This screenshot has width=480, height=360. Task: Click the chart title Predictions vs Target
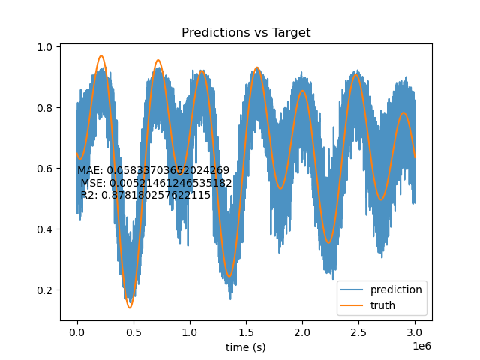coord(246,32)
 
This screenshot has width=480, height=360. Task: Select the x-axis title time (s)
coord(245,347)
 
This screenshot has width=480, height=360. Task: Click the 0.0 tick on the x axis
coord(77,332)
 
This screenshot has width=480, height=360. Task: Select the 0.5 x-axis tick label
coord(133,332)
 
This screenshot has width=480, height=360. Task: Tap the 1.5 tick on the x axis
coord(246,332)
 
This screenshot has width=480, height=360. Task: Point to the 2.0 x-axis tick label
coord(302,332)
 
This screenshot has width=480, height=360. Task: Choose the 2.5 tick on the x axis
coord(358,332)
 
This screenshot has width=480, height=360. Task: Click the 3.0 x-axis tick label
coord(415,332)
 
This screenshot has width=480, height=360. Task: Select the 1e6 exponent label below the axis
coord(421,346)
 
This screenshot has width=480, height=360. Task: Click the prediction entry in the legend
coord(382,289)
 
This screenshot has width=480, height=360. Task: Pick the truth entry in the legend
coord(368,305)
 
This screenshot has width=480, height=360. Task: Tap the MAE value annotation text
coord(153,170)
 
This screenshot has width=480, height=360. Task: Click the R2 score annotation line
coord(145,195)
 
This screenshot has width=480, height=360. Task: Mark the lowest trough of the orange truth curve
coord(130,307)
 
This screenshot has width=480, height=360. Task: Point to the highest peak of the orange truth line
coord(101,55)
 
